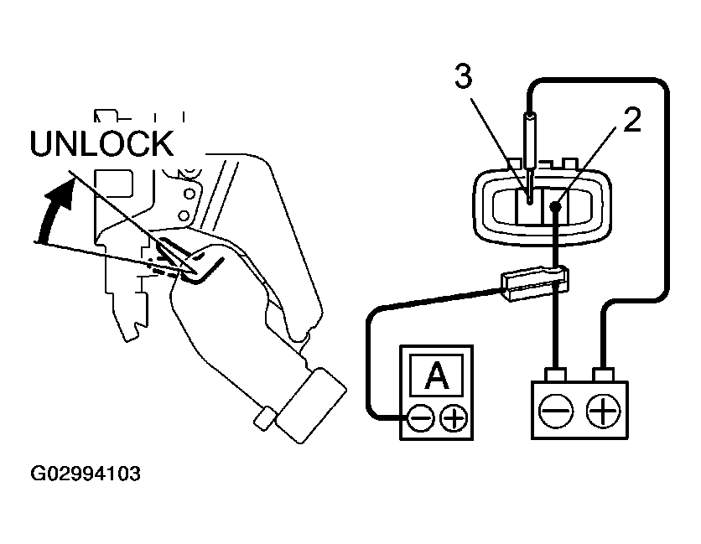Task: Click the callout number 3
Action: click(x=463, y=76)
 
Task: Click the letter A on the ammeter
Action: click(x=436, y=376)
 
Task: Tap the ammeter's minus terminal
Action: click(x=421, y=417)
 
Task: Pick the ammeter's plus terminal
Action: click(x=454, y=417)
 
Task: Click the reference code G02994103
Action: click(x=86, y=474)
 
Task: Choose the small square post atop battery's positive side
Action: click(x=603, y=372)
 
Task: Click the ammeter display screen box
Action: click(x=436, y=376)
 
